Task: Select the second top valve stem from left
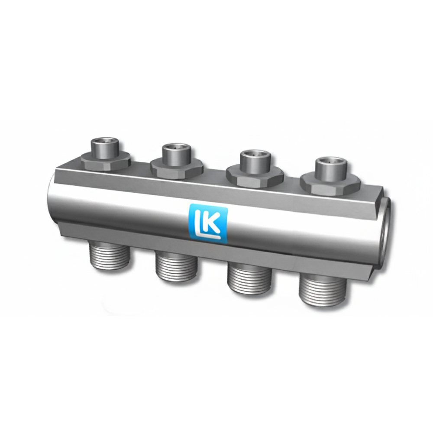click(x=177, y=155)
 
